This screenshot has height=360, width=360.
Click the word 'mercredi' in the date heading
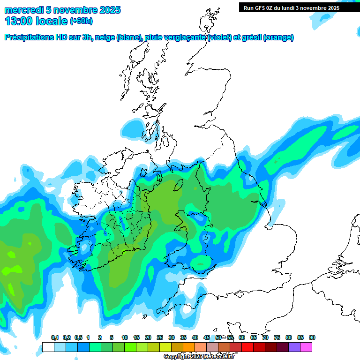point(23,10)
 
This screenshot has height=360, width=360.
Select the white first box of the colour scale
point(48,347)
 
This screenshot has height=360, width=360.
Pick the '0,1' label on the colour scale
point(54,337)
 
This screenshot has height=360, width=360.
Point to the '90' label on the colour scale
point(312,337)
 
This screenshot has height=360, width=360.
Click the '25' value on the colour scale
point(159,337)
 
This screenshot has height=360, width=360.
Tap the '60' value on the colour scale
point(241,337)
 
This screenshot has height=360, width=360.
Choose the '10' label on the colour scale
point(124,337)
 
